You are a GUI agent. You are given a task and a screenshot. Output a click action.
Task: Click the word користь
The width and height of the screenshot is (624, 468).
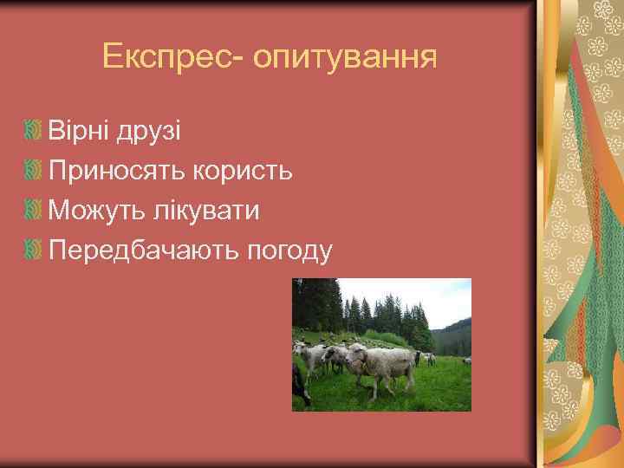tap(243, 172)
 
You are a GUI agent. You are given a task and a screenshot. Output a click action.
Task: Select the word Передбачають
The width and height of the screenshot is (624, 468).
tap(142, 250)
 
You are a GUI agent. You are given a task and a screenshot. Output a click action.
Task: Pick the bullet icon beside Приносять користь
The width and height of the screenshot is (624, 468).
tap(34, 172)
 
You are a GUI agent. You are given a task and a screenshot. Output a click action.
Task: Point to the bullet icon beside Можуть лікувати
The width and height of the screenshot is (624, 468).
tap(34, 211)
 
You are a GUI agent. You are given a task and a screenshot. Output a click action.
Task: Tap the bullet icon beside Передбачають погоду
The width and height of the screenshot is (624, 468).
tap(34, 250)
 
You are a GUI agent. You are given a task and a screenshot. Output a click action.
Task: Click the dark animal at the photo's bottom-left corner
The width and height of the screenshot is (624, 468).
tap(300, 386)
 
